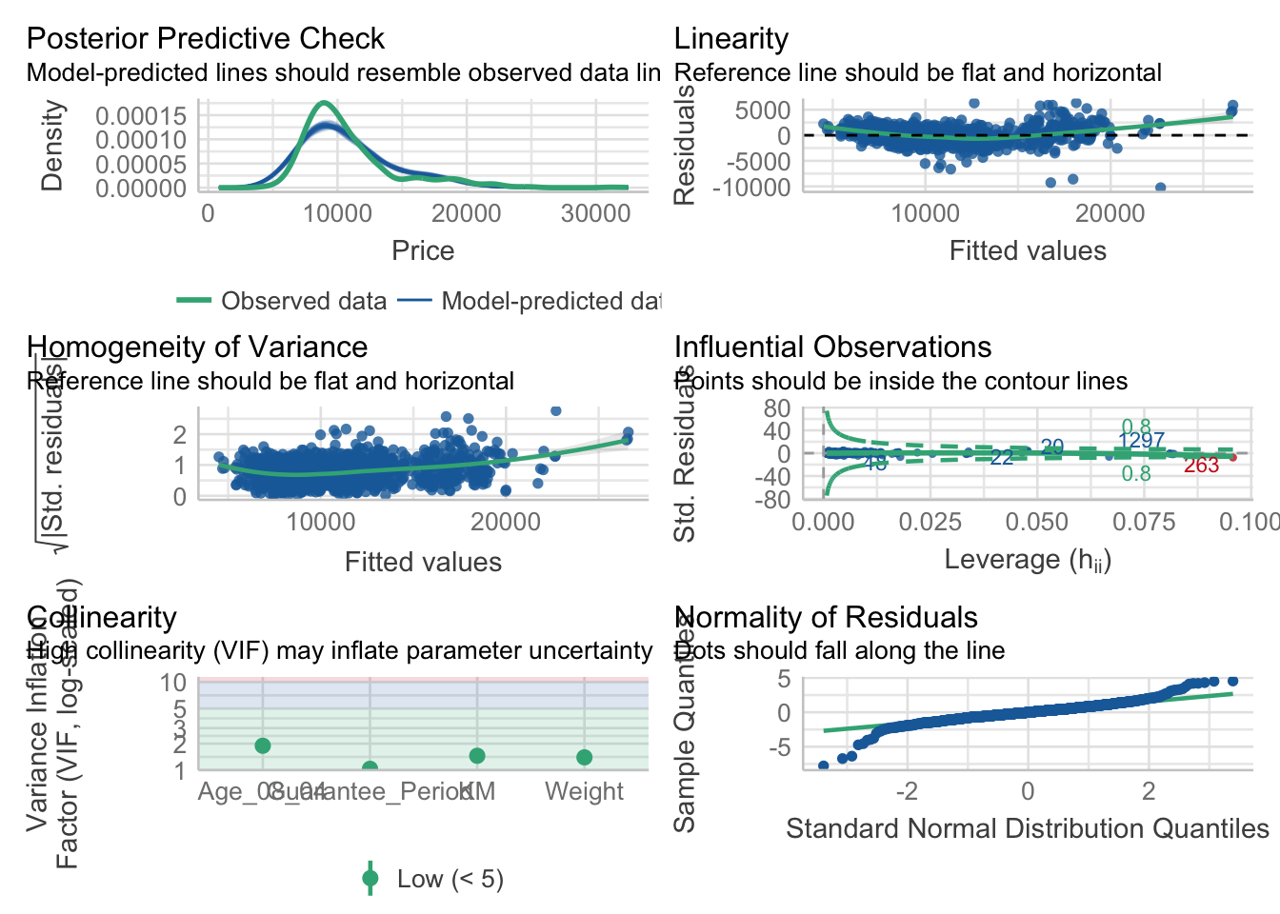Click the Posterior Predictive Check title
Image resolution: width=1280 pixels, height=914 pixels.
[x=205, y=39]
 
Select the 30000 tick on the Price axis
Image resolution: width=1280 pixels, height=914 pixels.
[x=595, y=213]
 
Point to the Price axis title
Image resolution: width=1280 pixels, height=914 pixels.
[x=423, y=250]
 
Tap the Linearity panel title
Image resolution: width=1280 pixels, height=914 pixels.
[x=730, y=39]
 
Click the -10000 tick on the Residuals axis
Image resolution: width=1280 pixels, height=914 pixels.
[x=758, y=188]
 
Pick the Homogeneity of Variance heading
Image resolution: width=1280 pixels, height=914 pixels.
[x=197, y=348]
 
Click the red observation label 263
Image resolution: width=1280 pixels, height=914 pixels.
[x=1201, y=466]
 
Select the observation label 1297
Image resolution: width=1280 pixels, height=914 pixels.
[x=1141, y=441]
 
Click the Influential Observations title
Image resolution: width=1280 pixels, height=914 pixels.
[x=832, y=348]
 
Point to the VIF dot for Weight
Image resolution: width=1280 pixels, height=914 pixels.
[x=584, y=757]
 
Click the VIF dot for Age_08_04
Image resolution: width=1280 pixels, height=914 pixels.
[x=263, y=745]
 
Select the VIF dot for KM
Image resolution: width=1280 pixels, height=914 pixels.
[x=477, y=755]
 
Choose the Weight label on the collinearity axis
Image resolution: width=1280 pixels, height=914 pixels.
[x=584, y=791]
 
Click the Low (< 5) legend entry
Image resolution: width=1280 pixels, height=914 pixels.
[x=450, y=879]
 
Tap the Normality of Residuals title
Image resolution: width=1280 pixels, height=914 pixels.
[x=826, y=618]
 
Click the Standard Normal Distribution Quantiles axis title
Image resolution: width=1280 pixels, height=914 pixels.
[x=1027, y=828]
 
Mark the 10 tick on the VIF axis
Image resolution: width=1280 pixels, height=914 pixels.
[x=173, y=683]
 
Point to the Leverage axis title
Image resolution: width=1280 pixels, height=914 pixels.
[x=1027, y=560]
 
